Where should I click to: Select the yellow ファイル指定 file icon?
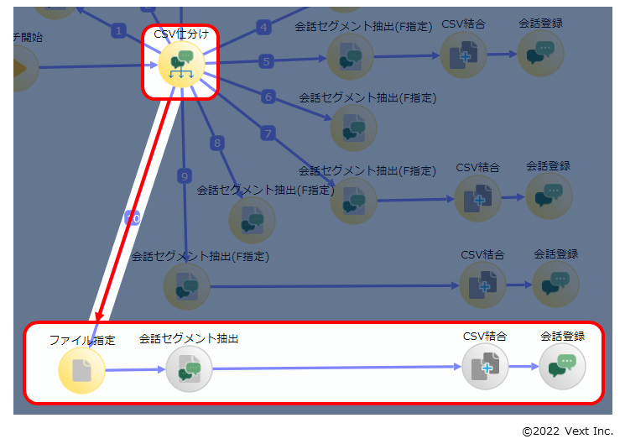[81, 370]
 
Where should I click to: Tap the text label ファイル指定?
[81, 340]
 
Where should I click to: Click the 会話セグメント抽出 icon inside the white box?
[189, 369]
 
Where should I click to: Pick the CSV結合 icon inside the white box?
[485, 367]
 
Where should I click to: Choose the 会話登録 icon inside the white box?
[562, 367]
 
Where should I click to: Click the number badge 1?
[118, 30]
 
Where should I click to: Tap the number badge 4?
[263, 27]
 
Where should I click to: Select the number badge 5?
[266, 60]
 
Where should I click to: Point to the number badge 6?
[268, 97]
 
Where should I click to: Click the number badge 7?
[268, 133]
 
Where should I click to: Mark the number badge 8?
[217, 144]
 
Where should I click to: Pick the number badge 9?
[185, 175]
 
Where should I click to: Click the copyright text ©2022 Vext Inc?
[567, 431]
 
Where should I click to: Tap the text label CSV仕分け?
[181, 34]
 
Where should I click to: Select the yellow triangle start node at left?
[23, 67]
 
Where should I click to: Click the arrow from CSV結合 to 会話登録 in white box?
[523, 367]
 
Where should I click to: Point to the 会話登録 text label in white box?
[562, 336]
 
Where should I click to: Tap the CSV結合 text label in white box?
[485, 336]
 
